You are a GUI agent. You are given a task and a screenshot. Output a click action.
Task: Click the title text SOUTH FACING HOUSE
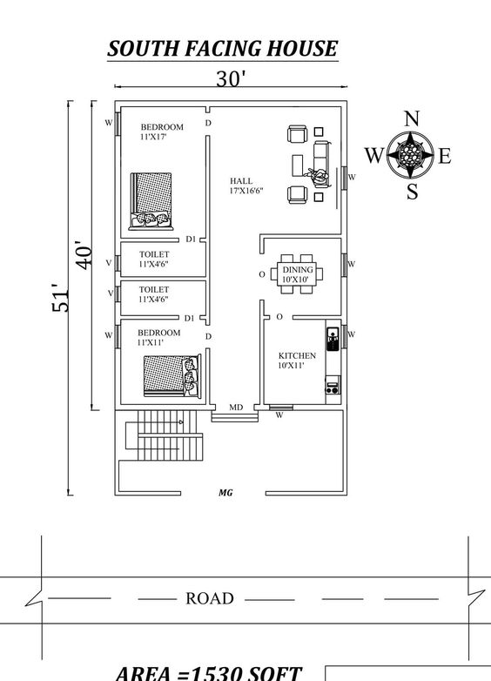[222, 48]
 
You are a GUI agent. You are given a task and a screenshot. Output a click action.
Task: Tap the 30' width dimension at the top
[231, 78]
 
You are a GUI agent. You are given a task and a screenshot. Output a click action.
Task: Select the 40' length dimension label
[83, 254]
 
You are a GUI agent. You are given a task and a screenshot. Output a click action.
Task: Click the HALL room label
[241, 181]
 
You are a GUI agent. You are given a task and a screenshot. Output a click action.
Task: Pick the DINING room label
[297, 270]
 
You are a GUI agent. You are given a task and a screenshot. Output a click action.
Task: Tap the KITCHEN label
[297, 355]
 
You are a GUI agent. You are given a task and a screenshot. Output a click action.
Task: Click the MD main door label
[235, 407]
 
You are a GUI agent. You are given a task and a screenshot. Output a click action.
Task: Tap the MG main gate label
[225, 493]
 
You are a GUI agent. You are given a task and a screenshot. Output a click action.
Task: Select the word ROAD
[210, 598]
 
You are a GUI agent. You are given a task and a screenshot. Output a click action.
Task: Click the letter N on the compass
[413, 119]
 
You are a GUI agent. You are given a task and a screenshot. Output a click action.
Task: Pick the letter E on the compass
[445, 157]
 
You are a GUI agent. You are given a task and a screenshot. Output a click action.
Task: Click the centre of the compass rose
[412, 156]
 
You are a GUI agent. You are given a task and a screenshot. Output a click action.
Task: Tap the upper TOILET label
[154, 254]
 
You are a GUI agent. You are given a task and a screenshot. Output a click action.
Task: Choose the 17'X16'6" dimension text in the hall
[246, 191]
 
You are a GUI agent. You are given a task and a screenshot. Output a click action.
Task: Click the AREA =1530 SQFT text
[209, 671]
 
